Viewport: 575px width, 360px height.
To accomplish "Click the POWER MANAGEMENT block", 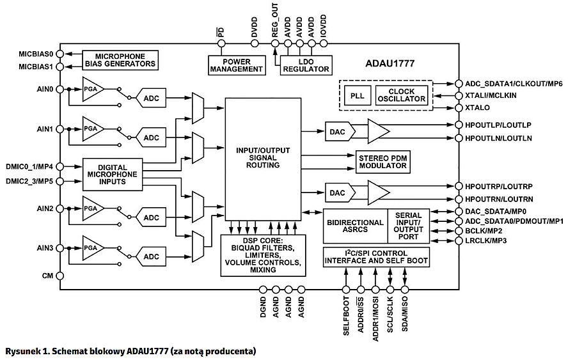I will tap(235, 65).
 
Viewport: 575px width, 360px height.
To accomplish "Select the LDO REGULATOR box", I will tap(306, 65).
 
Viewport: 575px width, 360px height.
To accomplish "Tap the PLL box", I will tap(356, 95).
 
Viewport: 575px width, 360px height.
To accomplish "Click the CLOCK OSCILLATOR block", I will tap(401, 95).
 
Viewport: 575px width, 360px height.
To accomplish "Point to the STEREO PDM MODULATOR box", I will tap(382, 161).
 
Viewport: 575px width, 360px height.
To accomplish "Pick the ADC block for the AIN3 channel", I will tap(152, 256).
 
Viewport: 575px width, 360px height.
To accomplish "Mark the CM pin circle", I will tap(59, 276).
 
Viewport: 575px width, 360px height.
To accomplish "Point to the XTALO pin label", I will tap(478, 108).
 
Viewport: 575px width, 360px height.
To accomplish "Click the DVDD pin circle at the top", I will tap(255, 44).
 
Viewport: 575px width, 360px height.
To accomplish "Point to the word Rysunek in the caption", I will tap(22, 351).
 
